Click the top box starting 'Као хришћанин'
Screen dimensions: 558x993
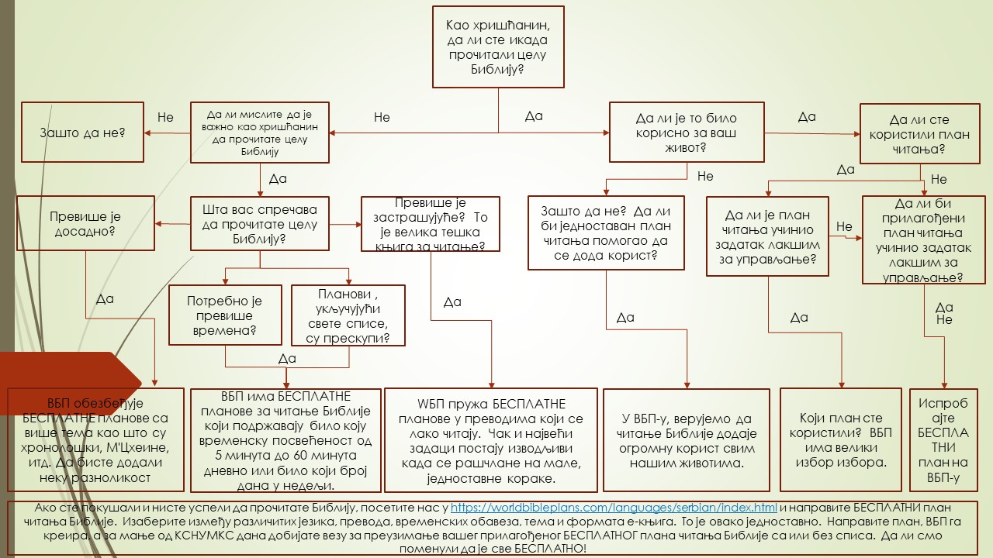[x=498, y=46]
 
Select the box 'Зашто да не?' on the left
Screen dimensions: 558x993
[x=81, y=133]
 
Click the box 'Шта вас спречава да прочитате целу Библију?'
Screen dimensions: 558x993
[x=260, y=224]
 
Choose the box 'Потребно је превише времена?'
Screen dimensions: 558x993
[x=225, y=315]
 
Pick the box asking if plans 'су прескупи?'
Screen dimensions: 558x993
[x=348, y=315]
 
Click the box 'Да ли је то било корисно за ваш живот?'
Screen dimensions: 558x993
[x=686, y=133]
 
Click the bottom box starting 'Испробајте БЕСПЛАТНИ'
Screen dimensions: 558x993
[x=943, y=440]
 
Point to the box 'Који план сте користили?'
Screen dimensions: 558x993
[x=841, y=440]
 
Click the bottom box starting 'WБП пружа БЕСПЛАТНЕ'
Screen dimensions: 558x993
[x=491, y=440]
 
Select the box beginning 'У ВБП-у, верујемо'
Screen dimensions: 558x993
[x=687, y=440]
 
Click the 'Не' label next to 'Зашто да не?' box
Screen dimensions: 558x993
[x=165, y=118]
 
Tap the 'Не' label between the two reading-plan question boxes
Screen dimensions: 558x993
[x=844, y=227]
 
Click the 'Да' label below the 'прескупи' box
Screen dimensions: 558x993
[x=287, y=358]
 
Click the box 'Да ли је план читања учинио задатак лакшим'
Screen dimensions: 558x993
[x=767, y=236]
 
